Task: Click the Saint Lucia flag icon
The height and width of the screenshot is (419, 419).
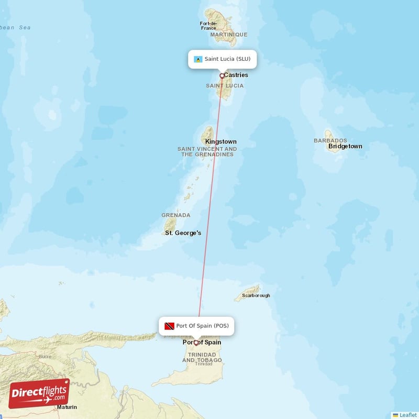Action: [x=198, y=59]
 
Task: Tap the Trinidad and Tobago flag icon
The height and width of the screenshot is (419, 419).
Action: [x=169, y=326]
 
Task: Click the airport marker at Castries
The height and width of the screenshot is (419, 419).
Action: [x=222, y=76]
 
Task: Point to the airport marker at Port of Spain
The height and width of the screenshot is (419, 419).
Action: [x=196, y=343]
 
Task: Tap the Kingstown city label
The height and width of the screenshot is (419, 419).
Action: [x=220, y=141]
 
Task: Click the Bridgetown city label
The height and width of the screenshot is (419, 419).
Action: [x=345, y=147]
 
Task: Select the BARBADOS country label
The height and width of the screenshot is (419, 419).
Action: [x=330, y=140]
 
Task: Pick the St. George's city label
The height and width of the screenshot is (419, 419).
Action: [x=183, y=233]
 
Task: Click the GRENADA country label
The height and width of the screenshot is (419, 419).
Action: [x=176, y=215]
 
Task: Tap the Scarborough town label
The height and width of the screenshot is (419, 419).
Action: [x=256, y=295]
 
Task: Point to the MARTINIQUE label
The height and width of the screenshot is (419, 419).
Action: [x=229, y=35]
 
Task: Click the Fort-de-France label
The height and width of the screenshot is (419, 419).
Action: [x=208, y=26]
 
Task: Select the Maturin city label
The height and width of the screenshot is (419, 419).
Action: [x=67, y=407]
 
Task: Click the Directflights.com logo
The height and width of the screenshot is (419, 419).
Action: [x=39, y=393]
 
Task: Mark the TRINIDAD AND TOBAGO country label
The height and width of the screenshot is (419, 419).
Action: [x=202, y=357]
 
